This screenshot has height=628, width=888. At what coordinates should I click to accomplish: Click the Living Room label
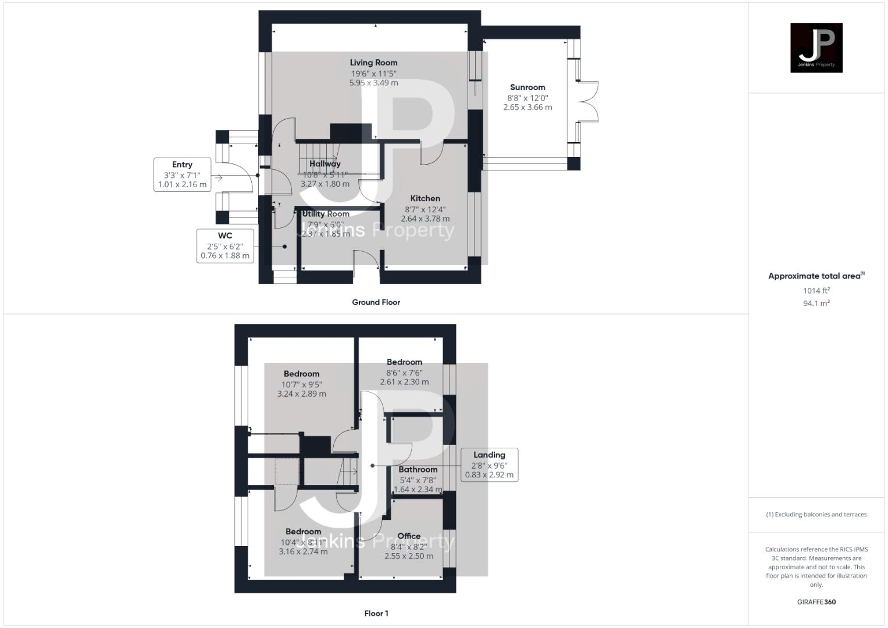click(373, 63)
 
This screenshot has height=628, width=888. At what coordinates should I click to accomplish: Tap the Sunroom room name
click(527, 87)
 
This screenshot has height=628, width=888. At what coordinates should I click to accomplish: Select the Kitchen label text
click(425, 198)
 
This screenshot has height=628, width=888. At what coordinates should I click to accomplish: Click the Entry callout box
click(182, 174)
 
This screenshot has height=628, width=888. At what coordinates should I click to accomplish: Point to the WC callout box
click(225, 245)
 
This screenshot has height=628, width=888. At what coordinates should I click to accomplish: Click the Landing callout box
click(489, 465)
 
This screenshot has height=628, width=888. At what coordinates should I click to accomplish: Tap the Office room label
click(409, 536)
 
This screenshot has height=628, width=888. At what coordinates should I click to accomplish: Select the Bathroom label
click(418, 469)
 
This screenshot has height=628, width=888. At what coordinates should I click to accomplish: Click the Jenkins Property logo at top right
click(816, 48)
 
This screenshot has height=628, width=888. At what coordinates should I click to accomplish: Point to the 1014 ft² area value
click(816, 291)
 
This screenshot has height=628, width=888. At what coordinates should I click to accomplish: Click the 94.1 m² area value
click(816, 303)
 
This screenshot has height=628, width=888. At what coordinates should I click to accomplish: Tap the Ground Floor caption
click(376, 302)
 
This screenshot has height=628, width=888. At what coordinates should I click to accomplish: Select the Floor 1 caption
click(376, 613)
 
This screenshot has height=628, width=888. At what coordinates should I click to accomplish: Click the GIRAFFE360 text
click(816, 602)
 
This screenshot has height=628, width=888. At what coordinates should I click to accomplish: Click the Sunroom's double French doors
click(587, 102)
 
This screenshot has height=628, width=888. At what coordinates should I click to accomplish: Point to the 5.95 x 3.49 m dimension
click(373, 83)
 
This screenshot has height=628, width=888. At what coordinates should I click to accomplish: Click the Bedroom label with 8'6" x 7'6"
click(404, 362)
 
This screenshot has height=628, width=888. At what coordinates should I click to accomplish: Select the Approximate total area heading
click(816, 276)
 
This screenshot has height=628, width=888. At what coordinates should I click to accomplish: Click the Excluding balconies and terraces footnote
click(816, 515)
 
